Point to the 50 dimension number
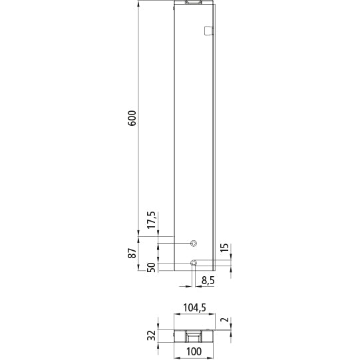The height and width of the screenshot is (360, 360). [152, 268]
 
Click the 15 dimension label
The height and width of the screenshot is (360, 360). [225, 251]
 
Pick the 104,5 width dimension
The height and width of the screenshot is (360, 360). [194, 309]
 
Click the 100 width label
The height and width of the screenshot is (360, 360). [194, 352]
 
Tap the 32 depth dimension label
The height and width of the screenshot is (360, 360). [152, 335]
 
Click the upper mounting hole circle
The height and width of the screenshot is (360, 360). [194, 243]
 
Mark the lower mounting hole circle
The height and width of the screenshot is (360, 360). [194, 263]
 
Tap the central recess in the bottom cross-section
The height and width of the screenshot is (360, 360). [194, 335]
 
